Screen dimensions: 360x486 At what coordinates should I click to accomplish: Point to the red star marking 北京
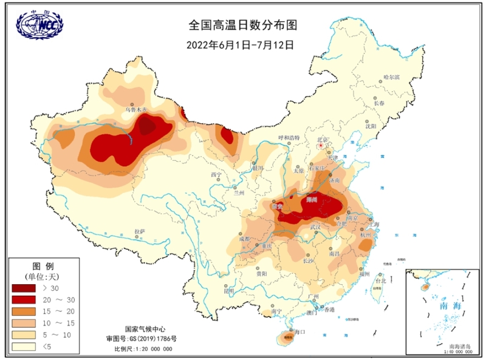tap(321, 146)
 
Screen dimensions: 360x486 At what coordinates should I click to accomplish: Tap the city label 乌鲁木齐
tap(136, 110)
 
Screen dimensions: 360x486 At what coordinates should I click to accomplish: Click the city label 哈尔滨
tap(392, 78)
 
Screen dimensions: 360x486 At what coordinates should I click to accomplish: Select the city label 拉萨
tap(140, 231)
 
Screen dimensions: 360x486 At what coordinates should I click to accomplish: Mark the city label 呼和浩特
tap(290, 138)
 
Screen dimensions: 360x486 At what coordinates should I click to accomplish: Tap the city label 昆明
tap(228, 291)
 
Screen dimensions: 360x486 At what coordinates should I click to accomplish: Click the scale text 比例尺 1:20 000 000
tap(144, 349)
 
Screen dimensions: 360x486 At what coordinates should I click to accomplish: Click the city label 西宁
tap(216, 175)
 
